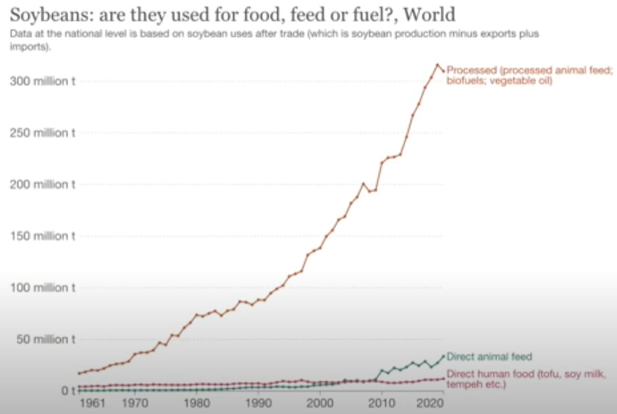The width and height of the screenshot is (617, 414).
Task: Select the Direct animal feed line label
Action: [489, 357]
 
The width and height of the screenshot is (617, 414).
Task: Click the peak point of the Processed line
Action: [437, 65]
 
